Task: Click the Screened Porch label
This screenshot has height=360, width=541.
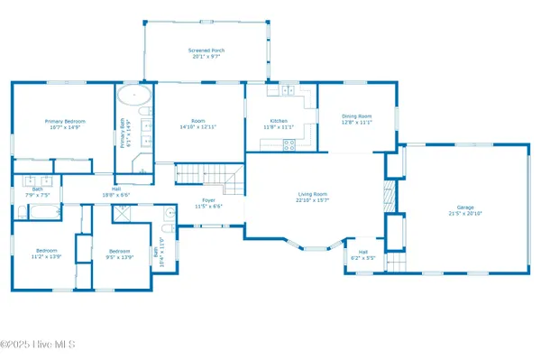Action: point(206,51)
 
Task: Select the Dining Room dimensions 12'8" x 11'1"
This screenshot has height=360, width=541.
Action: point(356,122)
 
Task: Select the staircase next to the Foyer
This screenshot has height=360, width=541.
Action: point(208,176)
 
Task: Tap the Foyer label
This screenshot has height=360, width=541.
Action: point(208,200)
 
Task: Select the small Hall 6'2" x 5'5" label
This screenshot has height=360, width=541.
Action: point(363,252)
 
